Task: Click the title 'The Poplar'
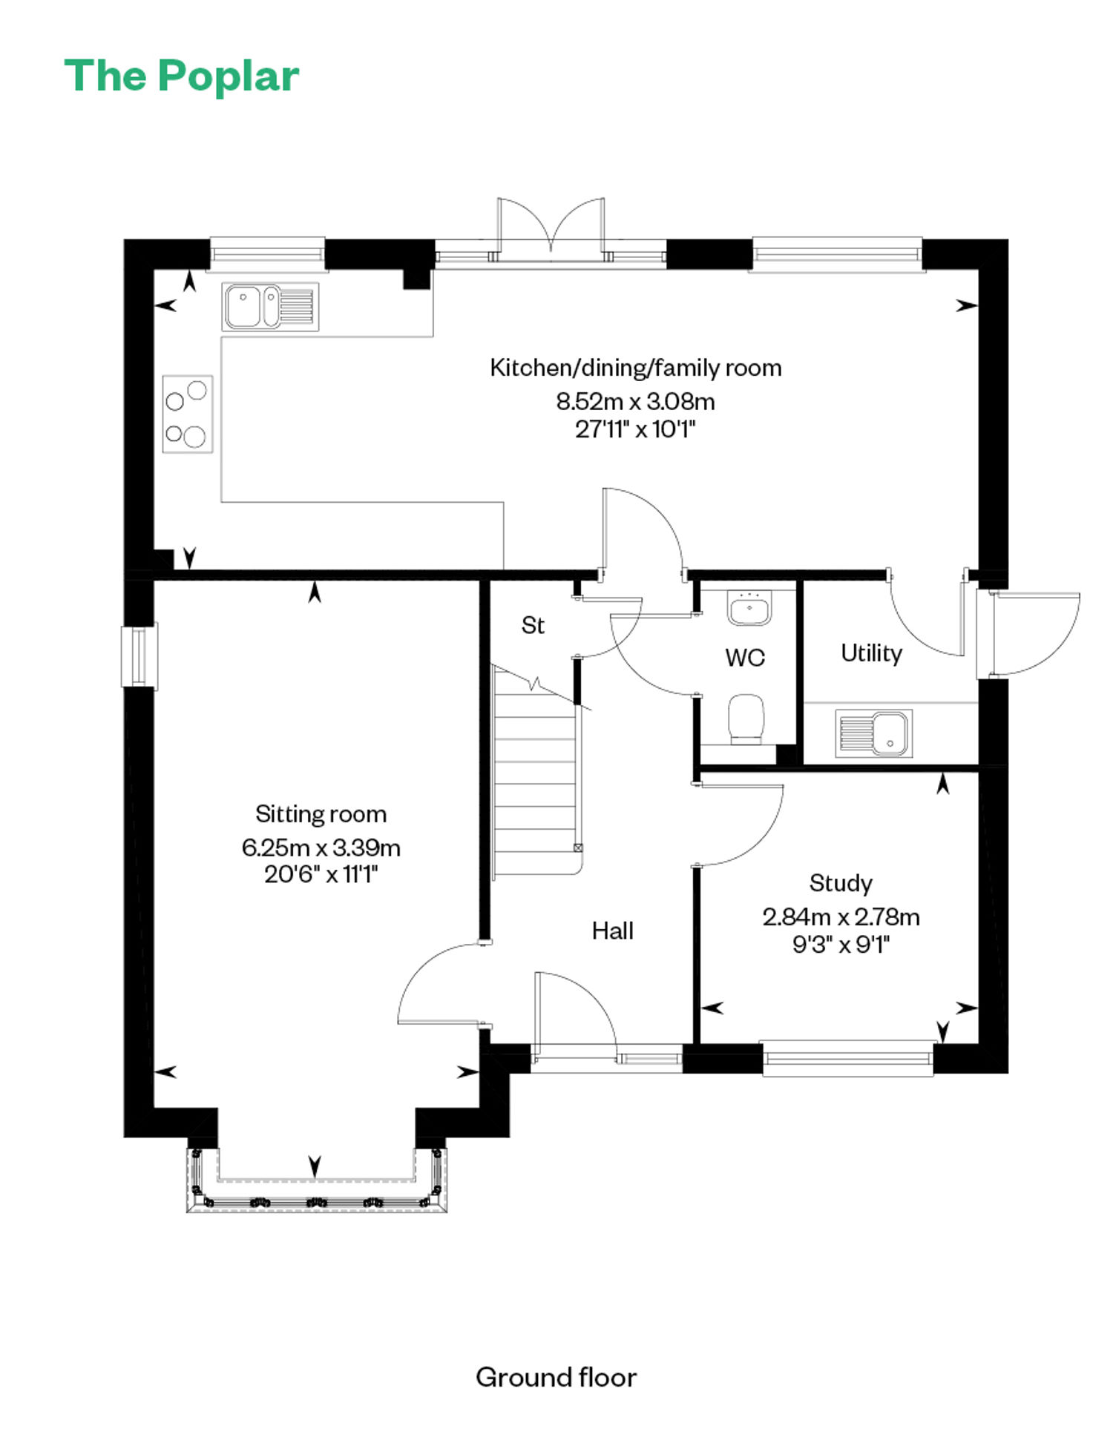point(182,76)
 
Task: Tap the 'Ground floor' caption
point(556,1377)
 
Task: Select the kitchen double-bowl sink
point(270,306)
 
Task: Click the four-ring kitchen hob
point(188,414)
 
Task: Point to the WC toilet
point(746,719)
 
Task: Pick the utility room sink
point(873,733)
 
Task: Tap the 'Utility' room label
point(871,653)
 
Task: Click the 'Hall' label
point(612,931)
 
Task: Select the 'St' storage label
point(533,625)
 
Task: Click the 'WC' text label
point(745,657)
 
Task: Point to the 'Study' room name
point(841,883)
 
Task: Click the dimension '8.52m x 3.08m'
point(635,401)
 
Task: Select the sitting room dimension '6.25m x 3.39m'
point(321,847)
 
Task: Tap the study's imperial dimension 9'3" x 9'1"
point(841,944)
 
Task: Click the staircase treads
point(535,771)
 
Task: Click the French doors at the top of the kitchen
point(551,228)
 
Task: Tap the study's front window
point(848,1059)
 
